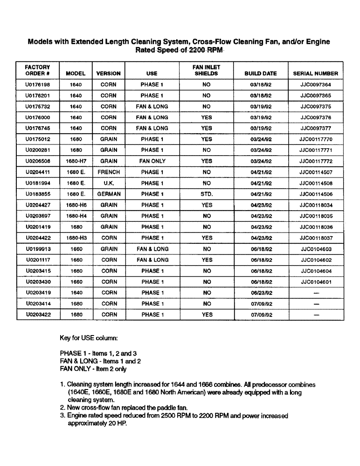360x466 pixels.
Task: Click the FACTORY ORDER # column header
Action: point(37,70)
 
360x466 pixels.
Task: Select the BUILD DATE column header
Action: point(261,74)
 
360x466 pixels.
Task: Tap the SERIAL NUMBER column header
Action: point(316,74)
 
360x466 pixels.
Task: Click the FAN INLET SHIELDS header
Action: point(206,70)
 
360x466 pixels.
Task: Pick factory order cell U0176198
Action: point(38,85)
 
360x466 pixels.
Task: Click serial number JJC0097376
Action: point(316,117)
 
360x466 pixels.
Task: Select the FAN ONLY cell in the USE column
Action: point(152,161)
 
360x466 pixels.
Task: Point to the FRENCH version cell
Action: point(109,172)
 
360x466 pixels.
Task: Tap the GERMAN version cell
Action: point(109,194)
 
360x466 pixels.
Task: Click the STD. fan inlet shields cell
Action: point(207,194)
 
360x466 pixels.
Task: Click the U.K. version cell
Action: point(109,183)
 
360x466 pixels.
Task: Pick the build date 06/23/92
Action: point(261,293)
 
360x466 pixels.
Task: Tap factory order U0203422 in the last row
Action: point(38,315)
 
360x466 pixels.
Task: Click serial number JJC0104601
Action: point(316,282)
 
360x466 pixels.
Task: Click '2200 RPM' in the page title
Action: point(203,50)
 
